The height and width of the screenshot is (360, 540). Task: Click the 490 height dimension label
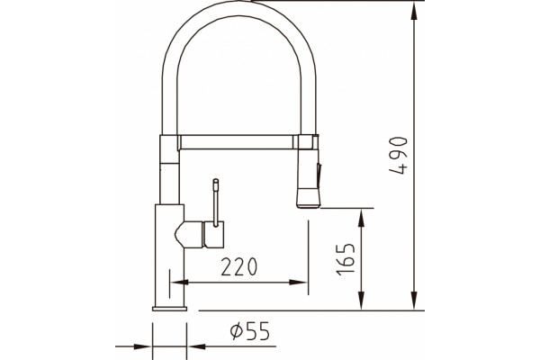click(398, 156)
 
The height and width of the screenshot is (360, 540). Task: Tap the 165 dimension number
click(346, 259)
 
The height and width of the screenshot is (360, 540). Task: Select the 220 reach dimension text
click(239, 266)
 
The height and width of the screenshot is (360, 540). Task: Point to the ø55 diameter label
click(250, 330)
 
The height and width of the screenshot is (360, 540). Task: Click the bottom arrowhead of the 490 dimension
click(414, 301)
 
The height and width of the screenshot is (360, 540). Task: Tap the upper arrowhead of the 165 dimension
click(361, 218)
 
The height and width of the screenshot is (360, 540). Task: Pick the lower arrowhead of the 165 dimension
click(361, 301)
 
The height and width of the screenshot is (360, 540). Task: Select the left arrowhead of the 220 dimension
click(179, 283)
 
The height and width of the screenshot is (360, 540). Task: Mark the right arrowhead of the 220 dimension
click(298, 283)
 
